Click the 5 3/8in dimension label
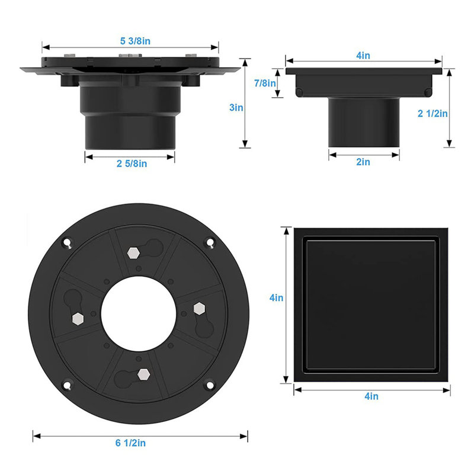(x=135, y=41)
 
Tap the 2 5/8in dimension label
(x=132, y=164)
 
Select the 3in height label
(x=236, y=107)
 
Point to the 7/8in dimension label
(x=265, y=83)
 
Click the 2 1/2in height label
(x=433, y=113)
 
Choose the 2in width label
(x=363, y=162)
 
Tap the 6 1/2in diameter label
(x=130, y=443)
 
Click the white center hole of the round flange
(x=139, y=314)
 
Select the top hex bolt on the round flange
(x=133, y=253)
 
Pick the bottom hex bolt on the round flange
(x=143, y=374)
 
